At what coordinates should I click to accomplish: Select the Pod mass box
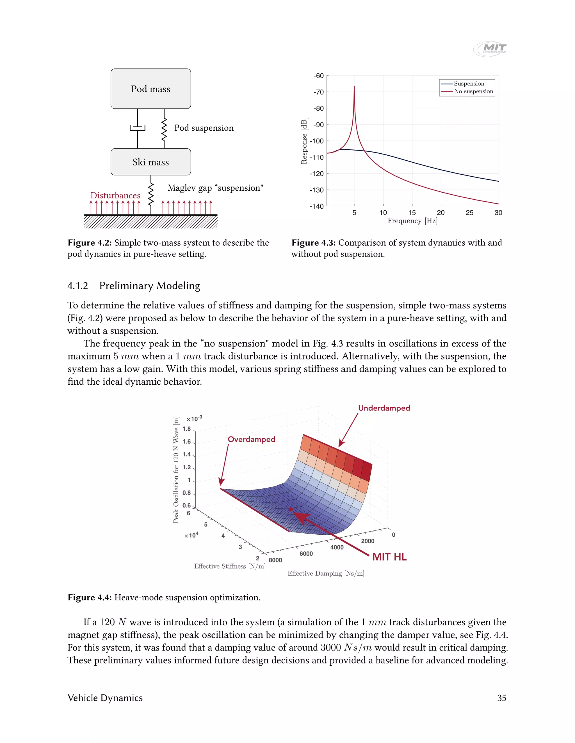150,89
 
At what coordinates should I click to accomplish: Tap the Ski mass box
150,162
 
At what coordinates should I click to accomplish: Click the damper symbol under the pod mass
138,128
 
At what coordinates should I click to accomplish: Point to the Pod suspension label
204,128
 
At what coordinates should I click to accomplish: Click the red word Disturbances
115,195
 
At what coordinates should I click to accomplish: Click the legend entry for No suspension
473,91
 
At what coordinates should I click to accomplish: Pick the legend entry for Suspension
469,84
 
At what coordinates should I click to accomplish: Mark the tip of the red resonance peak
354,87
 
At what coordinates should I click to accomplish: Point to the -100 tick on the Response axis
316,141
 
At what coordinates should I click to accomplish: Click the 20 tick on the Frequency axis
441,213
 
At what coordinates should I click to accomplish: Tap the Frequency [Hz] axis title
412,221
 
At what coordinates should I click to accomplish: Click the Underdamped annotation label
384,408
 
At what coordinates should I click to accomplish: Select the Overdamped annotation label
251,439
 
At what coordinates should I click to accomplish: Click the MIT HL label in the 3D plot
389,557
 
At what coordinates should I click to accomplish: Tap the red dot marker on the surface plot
291,509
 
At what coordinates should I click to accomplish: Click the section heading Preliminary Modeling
150,286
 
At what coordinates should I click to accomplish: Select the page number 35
501,698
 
